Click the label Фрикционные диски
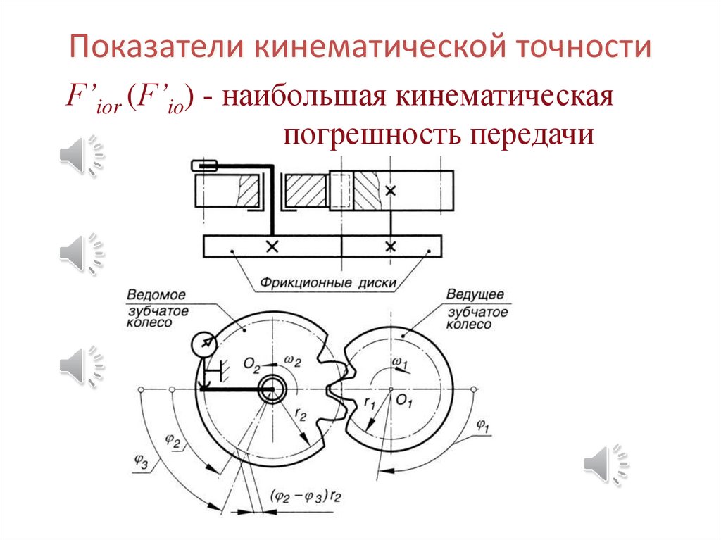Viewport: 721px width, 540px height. click(336, 284)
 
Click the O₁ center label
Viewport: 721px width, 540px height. click(403, 401)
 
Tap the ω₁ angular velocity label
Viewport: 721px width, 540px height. click(399, 362)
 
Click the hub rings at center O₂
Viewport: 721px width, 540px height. click(271, 389)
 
